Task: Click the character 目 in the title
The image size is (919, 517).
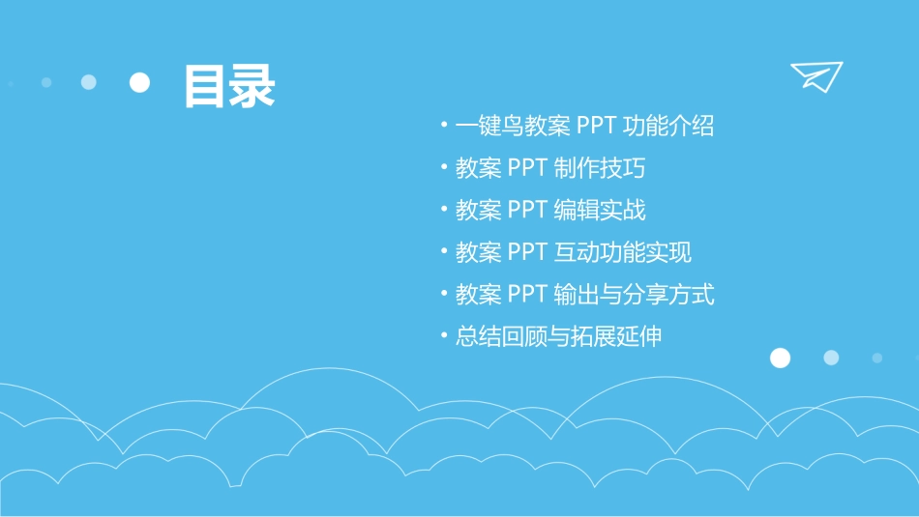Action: tap(206, 87)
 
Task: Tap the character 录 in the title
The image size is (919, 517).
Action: tap(252, 87)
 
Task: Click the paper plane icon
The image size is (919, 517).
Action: tap(815, 76)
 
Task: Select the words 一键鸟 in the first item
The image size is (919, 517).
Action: tap(489, 126)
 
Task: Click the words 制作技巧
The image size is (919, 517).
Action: tap(600, 168)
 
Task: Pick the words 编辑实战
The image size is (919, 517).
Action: tap(600, 210)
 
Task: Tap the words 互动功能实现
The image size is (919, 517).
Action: tap(623, 252)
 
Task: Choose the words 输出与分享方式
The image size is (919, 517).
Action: tap(635, 294)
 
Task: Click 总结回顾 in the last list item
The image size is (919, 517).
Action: tap(501, 336)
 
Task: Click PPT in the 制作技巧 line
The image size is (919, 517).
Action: tap(528, 168)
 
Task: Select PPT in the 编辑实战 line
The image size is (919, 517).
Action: tap(528, 210)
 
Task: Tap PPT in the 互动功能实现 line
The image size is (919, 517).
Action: tap(528, 252)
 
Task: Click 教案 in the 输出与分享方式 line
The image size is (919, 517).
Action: tap(478, 294)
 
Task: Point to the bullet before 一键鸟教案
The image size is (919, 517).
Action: tap(444, 126)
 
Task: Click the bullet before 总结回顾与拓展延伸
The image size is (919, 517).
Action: tap(444, 336)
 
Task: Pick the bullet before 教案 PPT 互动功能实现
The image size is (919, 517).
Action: tap(444, 252)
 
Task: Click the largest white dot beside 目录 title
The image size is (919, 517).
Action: tap(140, 83)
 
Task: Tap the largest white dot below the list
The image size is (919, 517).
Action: tap(780, 359)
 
